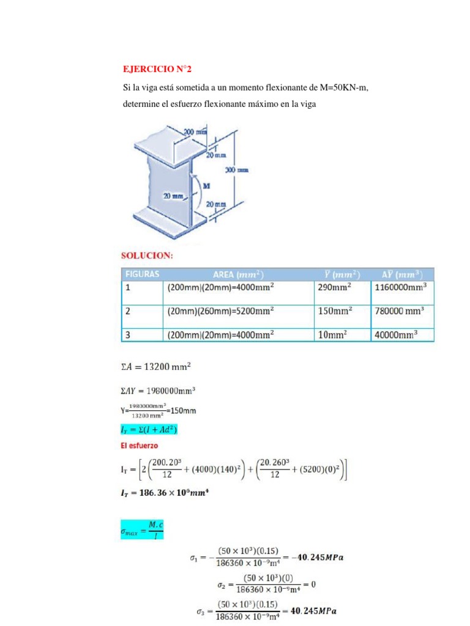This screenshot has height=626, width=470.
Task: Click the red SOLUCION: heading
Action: [148, 256]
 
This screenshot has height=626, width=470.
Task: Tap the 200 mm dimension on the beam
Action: [196, 131]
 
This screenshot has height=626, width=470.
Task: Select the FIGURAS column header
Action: [143, 274]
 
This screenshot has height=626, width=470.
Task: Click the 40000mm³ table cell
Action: [395, 334]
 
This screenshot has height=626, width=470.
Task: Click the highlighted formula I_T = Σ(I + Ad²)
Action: [150, 430]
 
